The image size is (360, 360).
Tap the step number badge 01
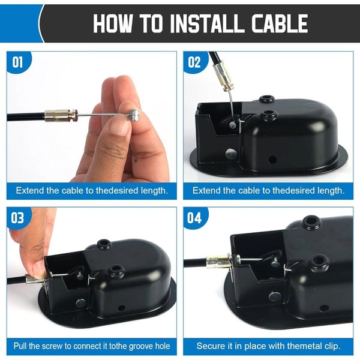[x=18, y=62]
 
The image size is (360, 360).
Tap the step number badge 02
[x=194, y=62]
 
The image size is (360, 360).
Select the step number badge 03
[x=18, y=217]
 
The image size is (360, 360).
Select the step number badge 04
[x=194, y=217]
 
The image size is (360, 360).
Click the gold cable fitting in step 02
[x=222, y=77]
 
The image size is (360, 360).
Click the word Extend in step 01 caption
[x=29, y=191]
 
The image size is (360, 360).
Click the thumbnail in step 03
[x=37, y=267]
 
